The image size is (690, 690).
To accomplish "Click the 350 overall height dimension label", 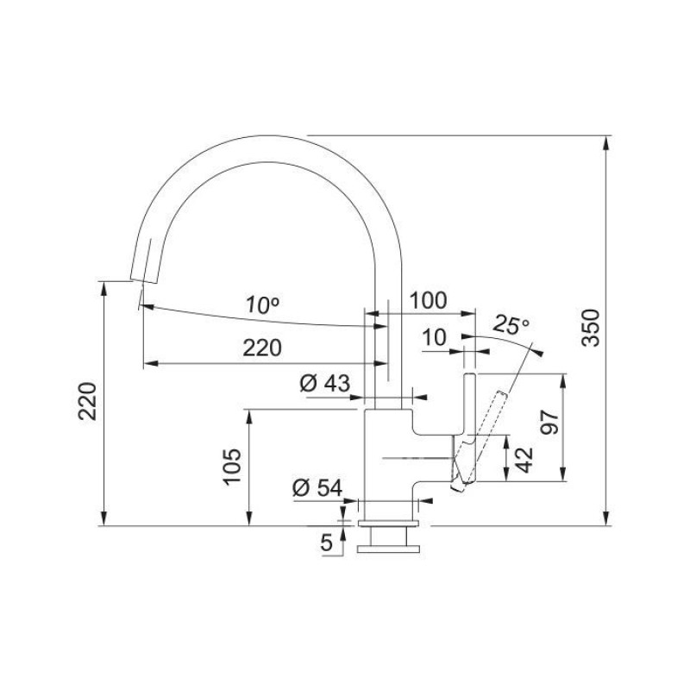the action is coord(591,328).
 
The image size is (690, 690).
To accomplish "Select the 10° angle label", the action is coord(262,305).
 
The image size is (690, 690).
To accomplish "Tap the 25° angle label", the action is coord(511,326).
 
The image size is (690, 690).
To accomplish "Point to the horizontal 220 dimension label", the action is coord(262,348).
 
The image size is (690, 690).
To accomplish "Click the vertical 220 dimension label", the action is coord(87,401).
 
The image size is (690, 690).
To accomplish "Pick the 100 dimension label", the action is coord(428,301).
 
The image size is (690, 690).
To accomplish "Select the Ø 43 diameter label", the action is coord(325,383).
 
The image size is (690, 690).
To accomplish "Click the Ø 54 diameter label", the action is coord(317,487).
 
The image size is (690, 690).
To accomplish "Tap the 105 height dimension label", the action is coord(232,467).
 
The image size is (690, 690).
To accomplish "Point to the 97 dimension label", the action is coord(549,422).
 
